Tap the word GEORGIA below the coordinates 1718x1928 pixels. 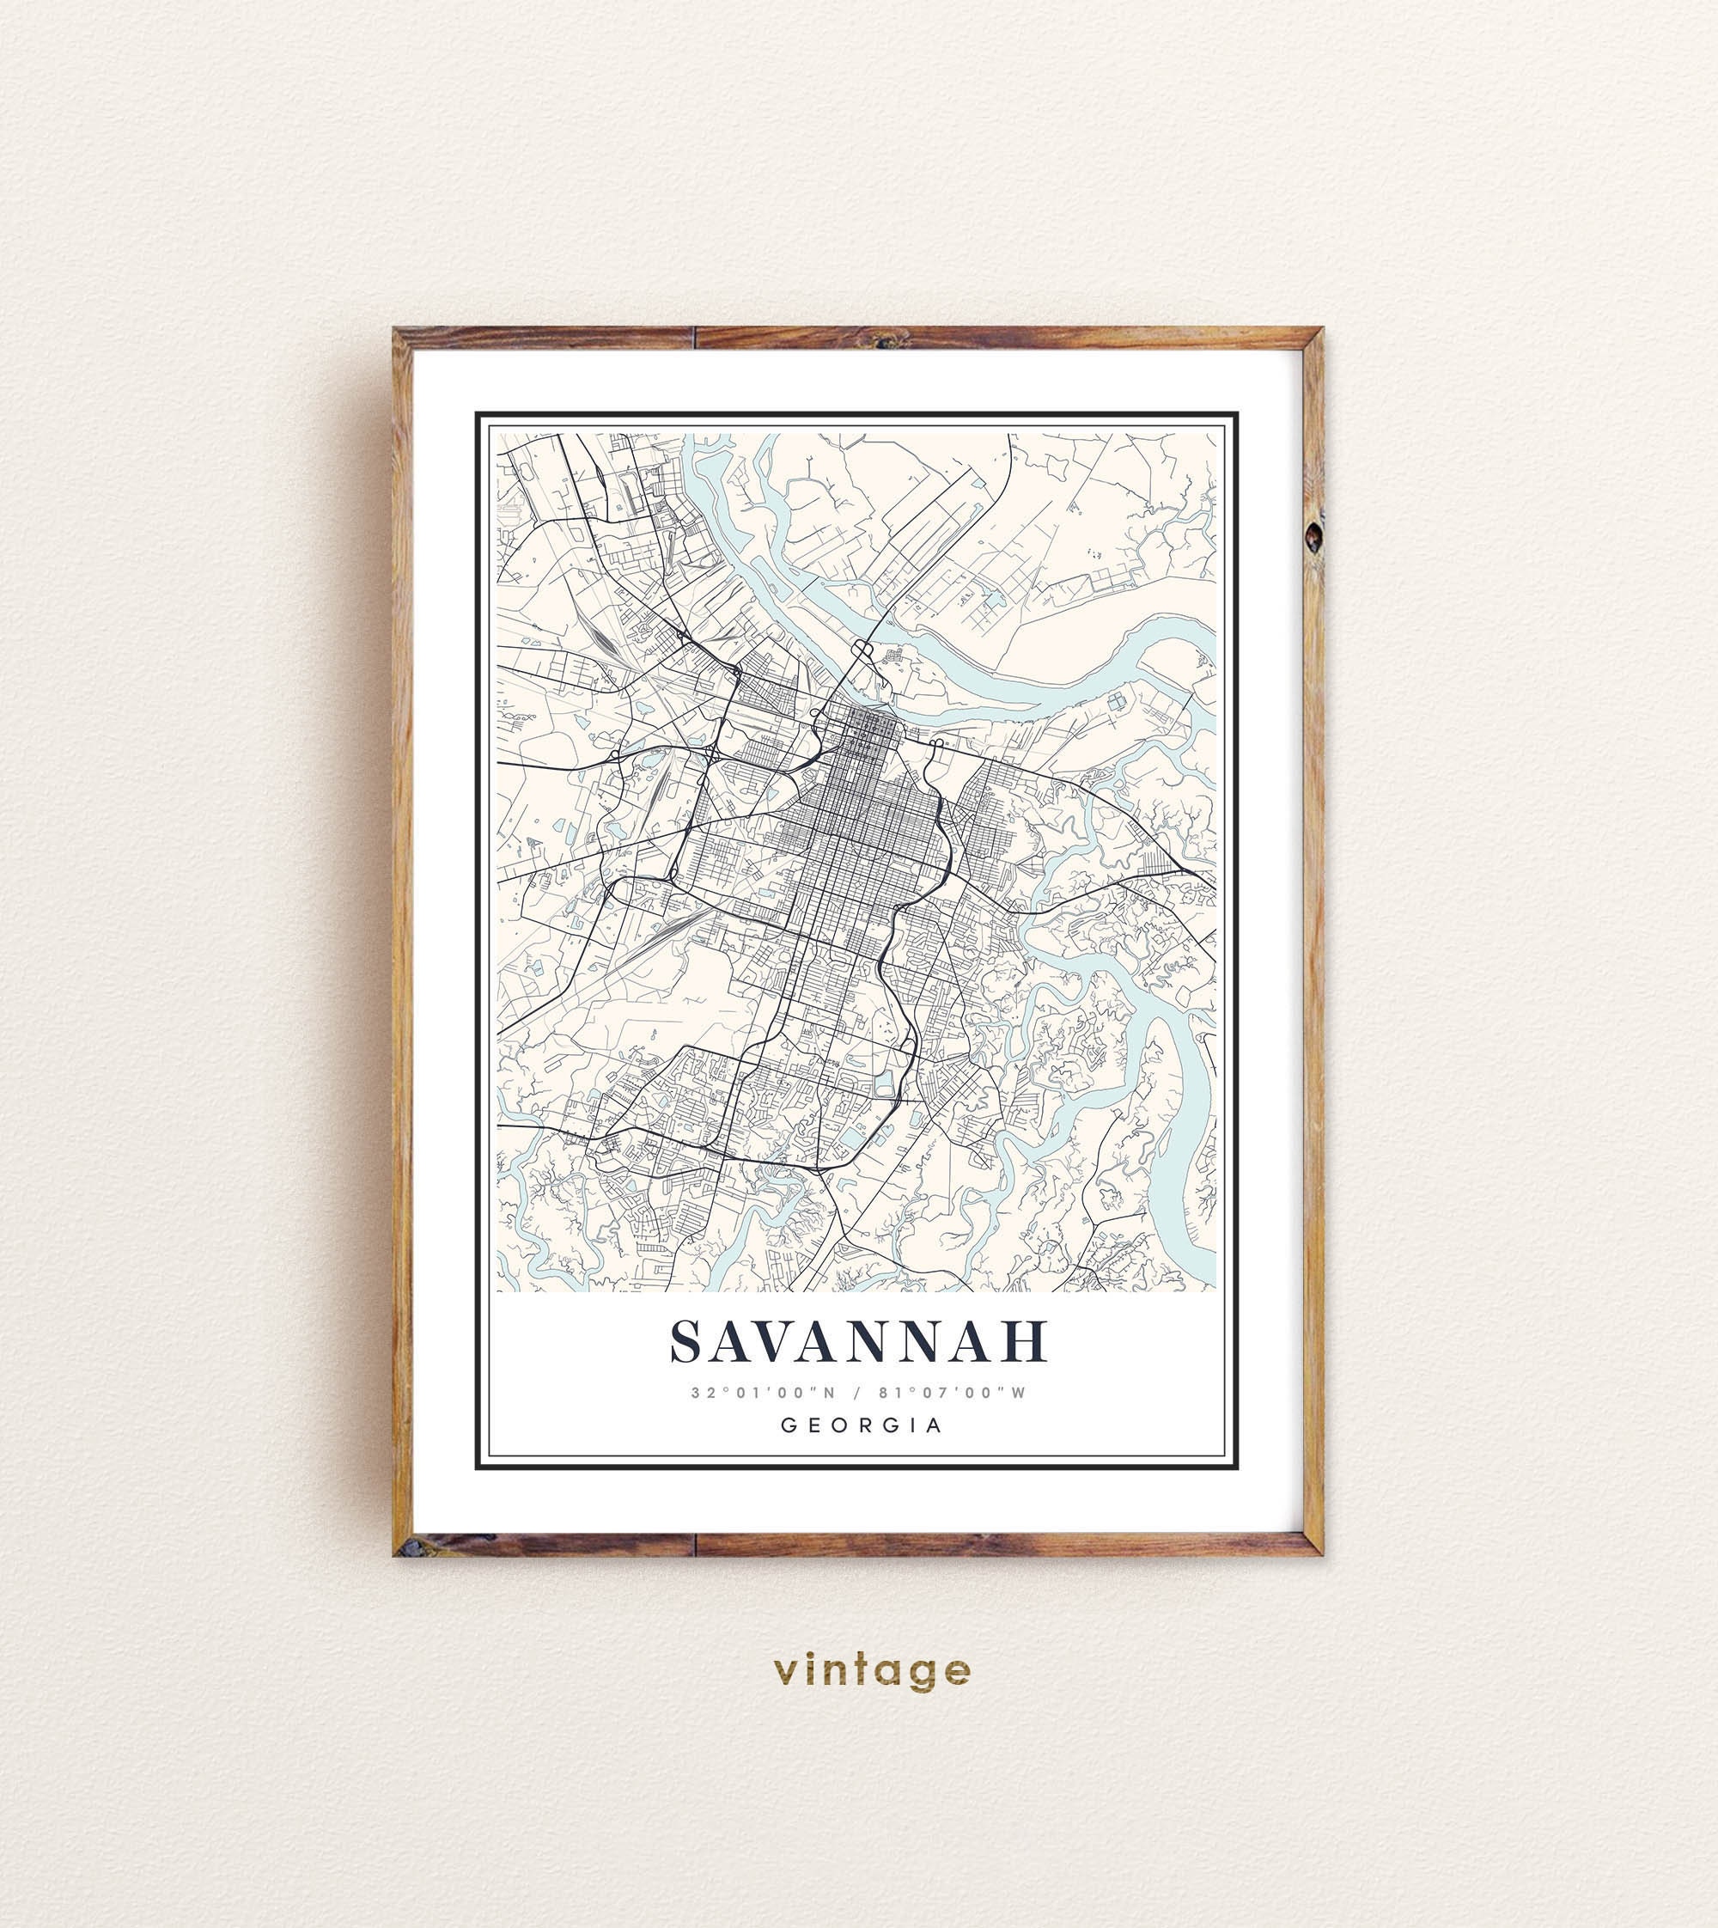(x=861, y=1425)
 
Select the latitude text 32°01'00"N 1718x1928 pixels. (x=763, y=1393)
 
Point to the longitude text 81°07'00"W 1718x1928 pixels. (x=952, y=1393)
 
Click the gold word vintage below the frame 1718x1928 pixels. (x=870, y=1670)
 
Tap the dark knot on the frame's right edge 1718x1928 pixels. (x=1313, y=536)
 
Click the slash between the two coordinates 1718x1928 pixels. (x=857, y=1393)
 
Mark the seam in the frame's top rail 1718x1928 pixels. (x=696, y=338)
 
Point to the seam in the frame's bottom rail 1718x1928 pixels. (x=696, y=1545)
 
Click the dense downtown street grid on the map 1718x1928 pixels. (x=859, y=831)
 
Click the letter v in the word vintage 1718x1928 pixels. (x=783, y=1671)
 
